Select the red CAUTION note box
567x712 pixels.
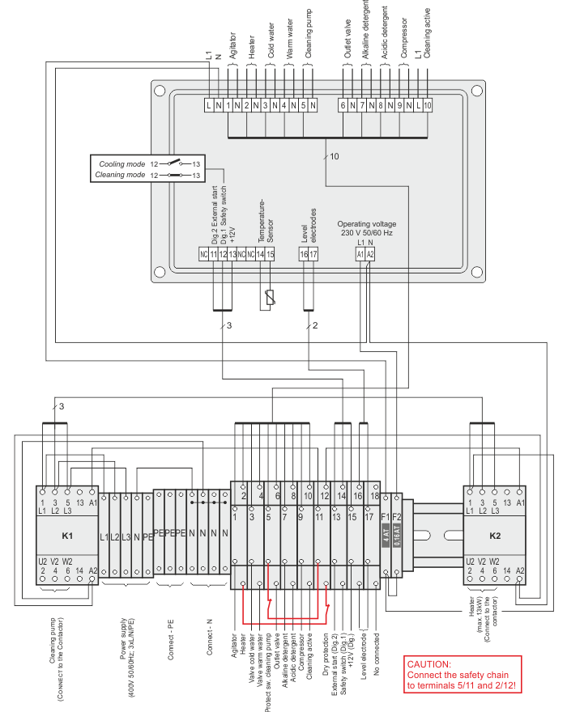coord(463,675)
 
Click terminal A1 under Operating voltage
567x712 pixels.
coord(360,254)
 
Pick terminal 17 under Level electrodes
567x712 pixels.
coord(313,254)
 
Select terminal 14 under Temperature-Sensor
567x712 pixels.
coord(261,254)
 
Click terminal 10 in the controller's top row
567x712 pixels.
coord(427,105)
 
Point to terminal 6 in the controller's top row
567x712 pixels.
coord(343,105)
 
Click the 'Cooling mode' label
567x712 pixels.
coord(122,164)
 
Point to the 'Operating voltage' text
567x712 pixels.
coord(366,223)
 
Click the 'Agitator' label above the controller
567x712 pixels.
coord(232,44)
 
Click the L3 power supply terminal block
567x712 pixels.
coord(126,537)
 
